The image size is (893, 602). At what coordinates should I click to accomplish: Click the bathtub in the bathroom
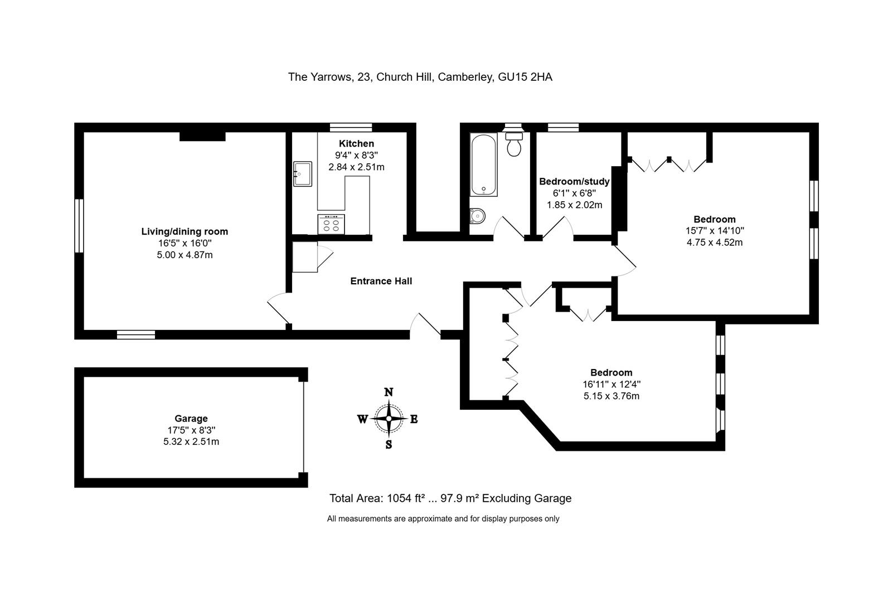pyautogui.click(x=483, y=164)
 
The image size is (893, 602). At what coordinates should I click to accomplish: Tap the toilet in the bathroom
pyautogui.click(x=514, y=145)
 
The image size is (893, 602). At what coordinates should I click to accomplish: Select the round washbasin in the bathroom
pyautogui.click(x=477, y=216)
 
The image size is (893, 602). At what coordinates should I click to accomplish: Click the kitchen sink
pyautogui.click(x=303, y=174)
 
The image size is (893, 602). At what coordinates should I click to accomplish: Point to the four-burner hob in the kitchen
pyautogui.click(x=331, y=224)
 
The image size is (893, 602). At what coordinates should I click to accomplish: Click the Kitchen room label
pyautogui.click(x=356, y=144)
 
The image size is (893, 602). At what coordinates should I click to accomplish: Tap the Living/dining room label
pyautogui.click(x=185, y=231)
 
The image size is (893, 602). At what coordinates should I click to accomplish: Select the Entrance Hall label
pyautogui.click(x=381, y=281)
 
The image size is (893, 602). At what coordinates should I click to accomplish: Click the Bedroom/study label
pyautogui.click(x=574, y=182)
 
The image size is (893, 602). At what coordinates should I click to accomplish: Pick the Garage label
pyautogui.click(x=191, y=419)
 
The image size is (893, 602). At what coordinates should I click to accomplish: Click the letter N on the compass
pyautogui.click(x=389, y=392)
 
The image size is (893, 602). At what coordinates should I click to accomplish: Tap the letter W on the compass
pyautogui.click(x=362, y=419)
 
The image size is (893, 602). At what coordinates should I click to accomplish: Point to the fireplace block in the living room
pyautogui.click(x=202, y=136)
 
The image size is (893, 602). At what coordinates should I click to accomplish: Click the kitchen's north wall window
pyautogui.click(x=350, y=127)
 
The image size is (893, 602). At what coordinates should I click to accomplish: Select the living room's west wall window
pyautogui.click(x=79, y=226)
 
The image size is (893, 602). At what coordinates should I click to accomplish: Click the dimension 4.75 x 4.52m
pyautogui.click(x=715, y=242)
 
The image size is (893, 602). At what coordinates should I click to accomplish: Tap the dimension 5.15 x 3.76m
pyautogui.click(x=611, y=396)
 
